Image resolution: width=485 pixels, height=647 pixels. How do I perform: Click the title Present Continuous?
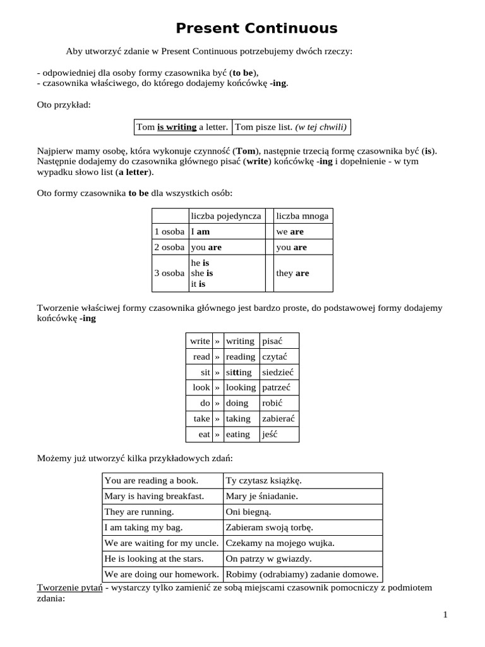[256, 28]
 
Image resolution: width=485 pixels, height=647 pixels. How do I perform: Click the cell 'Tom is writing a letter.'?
[183, 127]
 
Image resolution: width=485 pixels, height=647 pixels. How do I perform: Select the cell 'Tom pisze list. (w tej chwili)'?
[290, 127]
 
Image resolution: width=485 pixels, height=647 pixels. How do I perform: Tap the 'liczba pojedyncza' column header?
[226, 216]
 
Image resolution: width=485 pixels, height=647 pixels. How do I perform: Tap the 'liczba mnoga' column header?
[302, 216]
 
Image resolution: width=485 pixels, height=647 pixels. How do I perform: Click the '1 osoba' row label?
[169, 232]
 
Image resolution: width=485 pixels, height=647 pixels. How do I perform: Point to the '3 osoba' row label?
[169, 274]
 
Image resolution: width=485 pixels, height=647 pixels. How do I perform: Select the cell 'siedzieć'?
[277, 372]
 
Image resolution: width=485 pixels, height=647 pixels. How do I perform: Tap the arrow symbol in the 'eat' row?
[217, 435]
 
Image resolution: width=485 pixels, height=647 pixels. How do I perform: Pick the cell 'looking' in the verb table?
[241, 387]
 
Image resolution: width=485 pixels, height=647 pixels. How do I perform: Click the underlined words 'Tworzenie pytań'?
[69, 588]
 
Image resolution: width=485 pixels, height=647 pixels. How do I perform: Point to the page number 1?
[445, 615]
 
